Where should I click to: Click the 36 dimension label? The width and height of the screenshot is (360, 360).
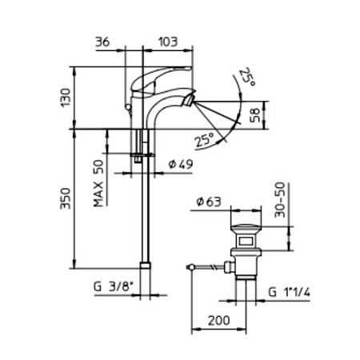[x=102, y=42]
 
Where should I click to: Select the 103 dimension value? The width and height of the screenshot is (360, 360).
[x=168, y=42]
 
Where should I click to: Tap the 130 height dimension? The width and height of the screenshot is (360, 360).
[x=66, y=98]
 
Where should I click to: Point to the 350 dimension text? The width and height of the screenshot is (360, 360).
[x=66, y=198]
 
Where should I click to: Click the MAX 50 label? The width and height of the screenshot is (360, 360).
[x=98, y=183]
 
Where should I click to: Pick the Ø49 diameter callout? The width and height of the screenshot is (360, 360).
[x=181, y=164]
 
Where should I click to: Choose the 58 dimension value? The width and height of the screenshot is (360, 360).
[x=254, y=115]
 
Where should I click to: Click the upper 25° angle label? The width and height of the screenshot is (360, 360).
[x=246, y=78]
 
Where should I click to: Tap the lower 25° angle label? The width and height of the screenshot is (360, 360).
[x=204, y=139]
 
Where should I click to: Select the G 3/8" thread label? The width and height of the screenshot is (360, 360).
[x=113, y=287]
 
